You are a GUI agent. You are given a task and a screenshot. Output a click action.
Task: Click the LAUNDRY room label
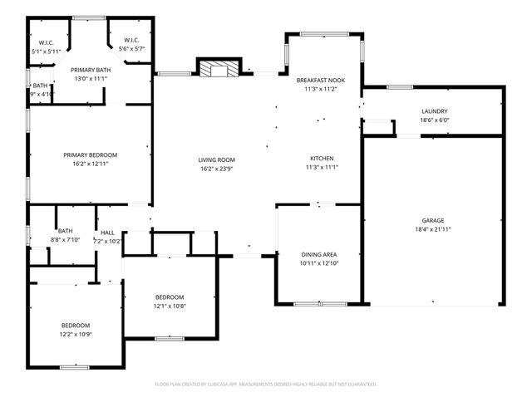click(x=434, y=111)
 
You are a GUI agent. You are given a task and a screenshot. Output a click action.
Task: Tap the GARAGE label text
click(x=432, y=220)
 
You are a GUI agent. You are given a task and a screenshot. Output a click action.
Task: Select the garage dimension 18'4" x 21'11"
click(x=432, y=229)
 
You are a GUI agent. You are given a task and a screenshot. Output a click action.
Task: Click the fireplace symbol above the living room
click(x=219, y=68)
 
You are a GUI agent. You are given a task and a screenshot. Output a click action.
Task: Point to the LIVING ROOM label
click(x=216, y=159)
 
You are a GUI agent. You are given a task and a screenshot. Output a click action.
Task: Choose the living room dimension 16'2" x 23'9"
click(x=216, y=169)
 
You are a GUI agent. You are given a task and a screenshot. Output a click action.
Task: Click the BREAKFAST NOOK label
click(x=320, y=80)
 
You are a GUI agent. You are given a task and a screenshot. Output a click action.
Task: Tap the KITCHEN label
click(x=322, y=158)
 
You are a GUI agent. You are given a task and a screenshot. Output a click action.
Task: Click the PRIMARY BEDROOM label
click(x=91, y=154)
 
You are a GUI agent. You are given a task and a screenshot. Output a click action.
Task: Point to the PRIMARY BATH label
click(x=90, y=70)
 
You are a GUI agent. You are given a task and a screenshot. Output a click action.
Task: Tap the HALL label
click(x=108, y=233)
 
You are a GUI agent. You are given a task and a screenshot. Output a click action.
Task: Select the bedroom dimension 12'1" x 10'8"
click(x=170, y=306)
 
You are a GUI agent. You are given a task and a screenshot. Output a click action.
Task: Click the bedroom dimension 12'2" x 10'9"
click(x=75, y=334)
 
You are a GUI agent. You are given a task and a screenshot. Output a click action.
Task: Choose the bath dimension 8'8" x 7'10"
click(x=64, y=240)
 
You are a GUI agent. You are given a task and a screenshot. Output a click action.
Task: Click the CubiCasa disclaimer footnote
click(x=266, y=384)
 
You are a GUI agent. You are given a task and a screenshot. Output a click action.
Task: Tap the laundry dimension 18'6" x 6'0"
click(x=434, y=120)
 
